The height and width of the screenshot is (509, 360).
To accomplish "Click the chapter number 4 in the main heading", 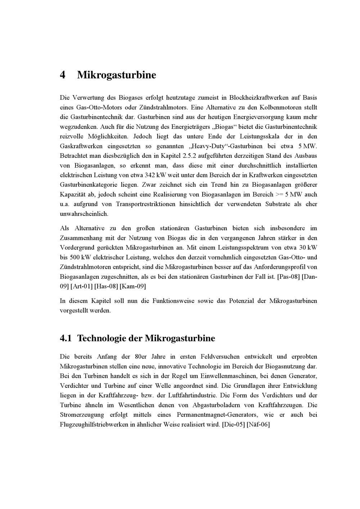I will point(63,75).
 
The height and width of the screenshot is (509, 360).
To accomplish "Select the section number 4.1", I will point(66,338).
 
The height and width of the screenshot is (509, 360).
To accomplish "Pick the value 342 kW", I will point(154,176).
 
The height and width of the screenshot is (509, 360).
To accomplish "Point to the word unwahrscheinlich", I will point(84,214).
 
